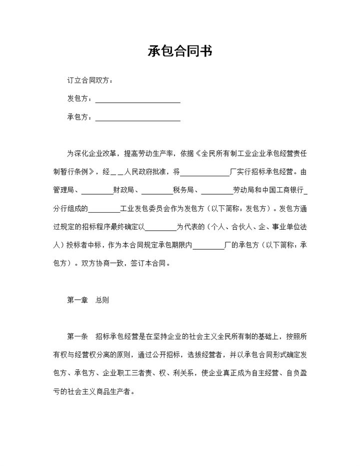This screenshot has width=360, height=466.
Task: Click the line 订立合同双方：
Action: [x=89, y=81]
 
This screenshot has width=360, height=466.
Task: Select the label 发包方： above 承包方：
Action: [x=79, y=99]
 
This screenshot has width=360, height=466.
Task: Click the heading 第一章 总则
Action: [x=88, y=300]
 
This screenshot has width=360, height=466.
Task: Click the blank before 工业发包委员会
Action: [x=104, y=209]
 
